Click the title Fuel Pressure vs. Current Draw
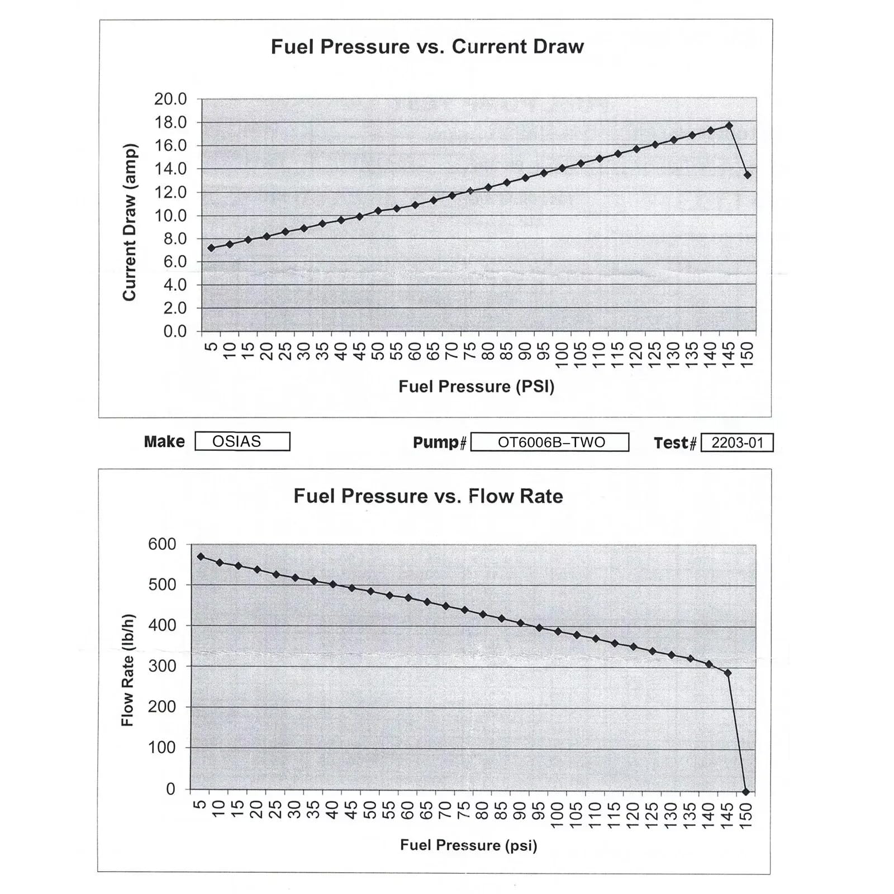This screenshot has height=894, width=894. [427, 46]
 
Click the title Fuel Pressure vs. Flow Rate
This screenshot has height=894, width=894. [428, 496]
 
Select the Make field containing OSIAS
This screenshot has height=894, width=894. [242, 441]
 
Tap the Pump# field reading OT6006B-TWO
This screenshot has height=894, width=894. [550, 442]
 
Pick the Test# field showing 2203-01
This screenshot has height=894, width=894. [737, 443]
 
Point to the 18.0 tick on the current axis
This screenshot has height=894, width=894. [170, 122]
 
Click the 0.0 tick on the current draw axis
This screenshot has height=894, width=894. [175, 331]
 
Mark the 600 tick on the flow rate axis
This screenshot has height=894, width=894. [162, 544]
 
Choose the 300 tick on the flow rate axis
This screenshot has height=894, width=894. [162, 666]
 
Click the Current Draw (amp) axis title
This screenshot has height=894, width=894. [130, 222]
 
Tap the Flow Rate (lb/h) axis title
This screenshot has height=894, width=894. [128, 670]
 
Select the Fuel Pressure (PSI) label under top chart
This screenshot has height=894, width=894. [476, 387]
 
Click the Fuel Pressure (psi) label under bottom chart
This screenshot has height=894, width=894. [468, 845]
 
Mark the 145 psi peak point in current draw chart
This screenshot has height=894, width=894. [729, 126]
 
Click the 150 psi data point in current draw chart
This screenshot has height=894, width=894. [748, 175]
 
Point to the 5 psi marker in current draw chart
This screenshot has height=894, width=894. [211, 248]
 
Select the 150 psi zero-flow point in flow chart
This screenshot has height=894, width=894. [746, 792]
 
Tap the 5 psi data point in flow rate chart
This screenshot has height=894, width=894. [201, 557]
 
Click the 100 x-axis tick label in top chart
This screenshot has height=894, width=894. [562, 355]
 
